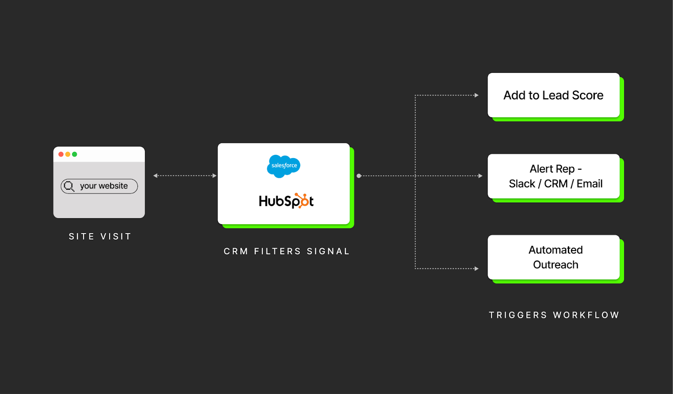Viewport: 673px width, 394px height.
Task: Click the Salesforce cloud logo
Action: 284,166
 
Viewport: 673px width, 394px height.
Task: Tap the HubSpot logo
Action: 286,201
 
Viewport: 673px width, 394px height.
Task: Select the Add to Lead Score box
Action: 553,95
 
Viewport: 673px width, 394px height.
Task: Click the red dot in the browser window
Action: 61,154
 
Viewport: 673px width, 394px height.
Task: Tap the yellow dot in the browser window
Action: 68,154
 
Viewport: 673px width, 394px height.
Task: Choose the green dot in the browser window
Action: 74,154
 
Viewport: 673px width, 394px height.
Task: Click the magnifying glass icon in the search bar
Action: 69,186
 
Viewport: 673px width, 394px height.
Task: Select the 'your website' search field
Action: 103,186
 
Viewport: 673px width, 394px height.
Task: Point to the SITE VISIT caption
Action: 100,237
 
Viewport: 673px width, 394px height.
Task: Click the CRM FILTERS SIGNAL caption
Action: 286,251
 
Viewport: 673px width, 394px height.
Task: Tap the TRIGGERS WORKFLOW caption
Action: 554,315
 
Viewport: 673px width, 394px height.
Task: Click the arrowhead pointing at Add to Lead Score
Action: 477,95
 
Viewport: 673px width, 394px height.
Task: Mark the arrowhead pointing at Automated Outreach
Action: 477,269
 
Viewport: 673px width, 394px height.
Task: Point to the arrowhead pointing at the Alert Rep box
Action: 480,176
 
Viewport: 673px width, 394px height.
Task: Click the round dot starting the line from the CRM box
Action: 359,176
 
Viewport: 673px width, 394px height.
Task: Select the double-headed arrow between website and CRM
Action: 185,176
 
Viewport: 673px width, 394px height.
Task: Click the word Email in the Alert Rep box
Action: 589,184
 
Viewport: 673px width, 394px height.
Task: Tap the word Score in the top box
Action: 588,95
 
